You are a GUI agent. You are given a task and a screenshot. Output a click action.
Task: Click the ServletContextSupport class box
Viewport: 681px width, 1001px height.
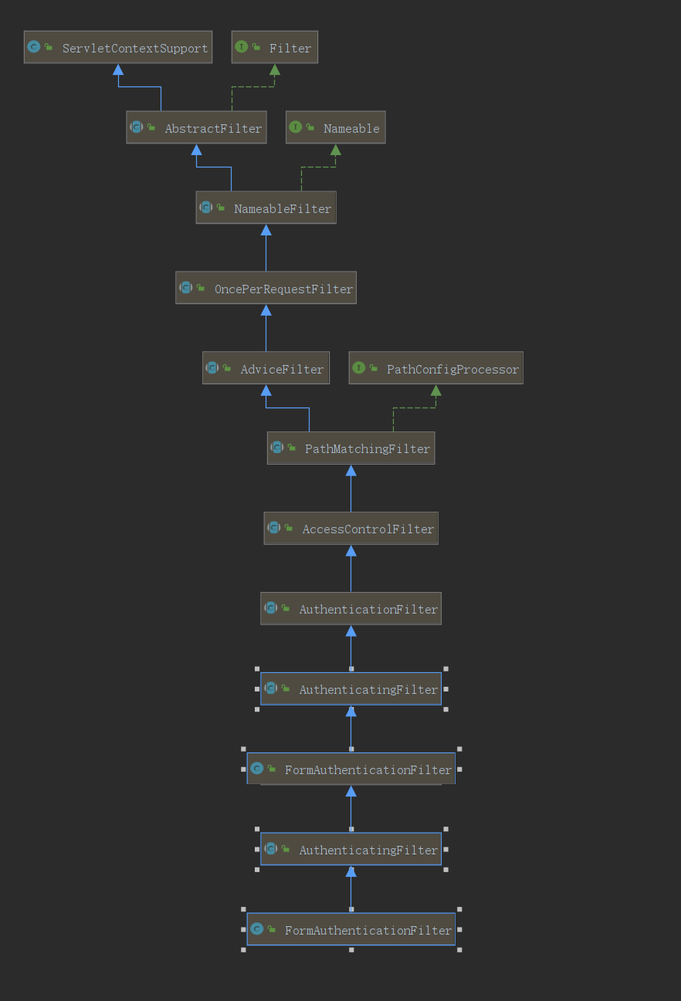tap(118, 48)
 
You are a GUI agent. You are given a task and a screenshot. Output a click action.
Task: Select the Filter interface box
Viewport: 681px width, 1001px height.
tap(275, 48)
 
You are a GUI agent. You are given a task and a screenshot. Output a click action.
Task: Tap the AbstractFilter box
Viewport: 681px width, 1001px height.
tap(196, 128)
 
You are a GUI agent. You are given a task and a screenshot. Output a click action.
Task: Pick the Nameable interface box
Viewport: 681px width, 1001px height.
tap(335, 128)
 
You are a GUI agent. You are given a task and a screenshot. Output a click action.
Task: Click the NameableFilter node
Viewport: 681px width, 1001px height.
tap(266, 208)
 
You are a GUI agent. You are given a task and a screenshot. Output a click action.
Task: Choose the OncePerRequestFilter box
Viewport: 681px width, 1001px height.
tap(266, 289)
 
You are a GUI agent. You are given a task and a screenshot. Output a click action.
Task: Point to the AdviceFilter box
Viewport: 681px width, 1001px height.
tap(266, 369)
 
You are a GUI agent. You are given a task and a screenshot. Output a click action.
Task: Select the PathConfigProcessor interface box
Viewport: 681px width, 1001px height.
tap(435, 369)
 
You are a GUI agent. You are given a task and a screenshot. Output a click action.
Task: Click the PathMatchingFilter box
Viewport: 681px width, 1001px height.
tap(351, 448)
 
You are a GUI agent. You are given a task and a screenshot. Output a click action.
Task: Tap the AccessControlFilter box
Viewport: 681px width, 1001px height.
tap(351, 529)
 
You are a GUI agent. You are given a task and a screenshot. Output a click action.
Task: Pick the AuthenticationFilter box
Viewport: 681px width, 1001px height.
tap(351, 609)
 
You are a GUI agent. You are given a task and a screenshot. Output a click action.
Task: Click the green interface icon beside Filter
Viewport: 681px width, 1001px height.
tap(242, 47)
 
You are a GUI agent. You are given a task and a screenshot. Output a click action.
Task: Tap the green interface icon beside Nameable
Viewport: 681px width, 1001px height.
tap(296, 127)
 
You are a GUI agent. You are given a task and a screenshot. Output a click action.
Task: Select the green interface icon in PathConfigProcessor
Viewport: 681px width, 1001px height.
tap(358, 368)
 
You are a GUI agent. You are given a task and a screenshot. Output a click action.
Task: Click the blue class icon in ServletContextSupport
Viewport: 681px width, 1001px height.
tap(33, 47)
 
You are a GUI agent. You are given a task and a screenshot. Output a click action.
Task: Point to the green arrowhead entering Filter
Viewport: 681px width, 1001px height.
tap(275, 69)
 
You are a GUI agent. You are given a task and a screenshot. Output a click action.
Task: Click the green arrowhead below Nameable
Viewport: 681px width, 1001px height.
tap(335, 150)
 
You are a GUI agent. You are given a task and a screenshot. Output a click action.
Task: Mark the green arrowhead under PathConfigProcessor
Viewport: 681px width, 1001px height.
tap(435, 391)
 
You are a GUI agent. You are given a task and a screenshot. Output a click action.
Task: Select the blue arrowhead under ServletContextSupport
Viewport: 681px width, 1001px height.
tap(118, 69)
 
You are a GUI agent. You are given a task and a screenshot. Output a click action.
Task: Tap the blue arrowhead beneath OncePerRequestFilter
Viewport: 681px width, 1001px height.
tap(266, 310)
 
